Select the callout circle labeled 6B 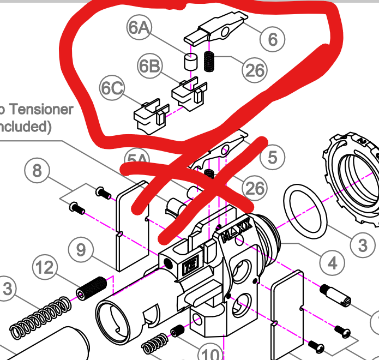[x=151, y=67]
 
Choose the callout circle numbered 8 [x=37, y=171]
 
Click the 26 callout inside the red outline [x=255, y=70]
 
